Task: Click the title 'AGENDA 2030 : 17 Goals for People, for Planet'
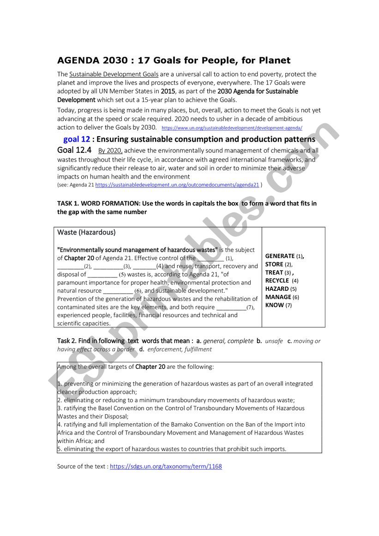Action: tap(174, 60)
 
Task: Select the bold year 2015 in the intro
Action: tap(168, 91)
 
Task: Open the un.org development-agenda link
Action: tap(232, 128)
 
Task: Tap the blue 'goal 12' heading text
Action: tap(76, 139)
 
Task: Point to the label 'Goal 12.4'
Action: tap(74, 151)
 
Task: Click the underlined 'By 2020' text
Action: tap(110, 151)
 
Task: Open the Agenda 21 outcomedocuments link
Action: tap(177, 185)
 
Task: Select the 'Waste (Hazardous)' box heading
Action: tap(86, 232)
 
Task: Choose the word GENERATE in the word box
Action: tap(280, 256)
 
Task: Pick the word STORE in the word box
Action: tap(274, 265)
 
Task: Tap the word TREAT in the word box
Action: tap(274, 273)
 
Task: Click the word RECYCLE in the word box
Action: tap(277, 281)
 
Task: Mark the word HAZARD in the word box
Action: tap(277, 289)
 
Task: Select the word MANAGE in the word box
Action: tap(278, 297)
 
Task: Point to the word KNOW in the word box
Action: tap(274, 305)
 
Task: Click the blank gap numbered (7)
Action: tap(231, 307)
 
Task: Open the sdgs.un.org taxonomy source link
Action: tap(166, 467)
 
